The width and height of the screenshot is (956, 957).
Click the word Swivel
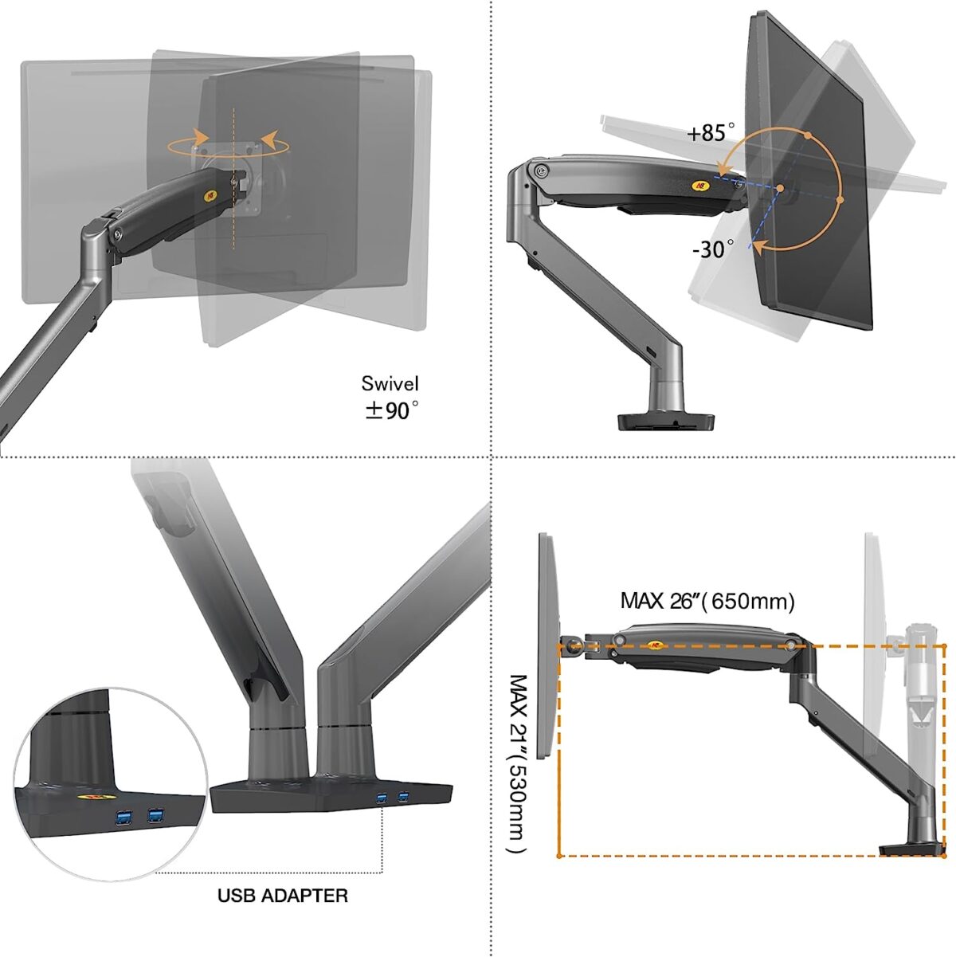pyautogui.click(x=390, y=383)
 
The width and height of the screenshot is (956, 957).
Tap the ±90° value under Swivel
pyautogui.click(x=391, y=411)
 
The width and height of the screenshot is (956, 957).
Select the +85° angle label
pyautogui.click(x=711, y=132)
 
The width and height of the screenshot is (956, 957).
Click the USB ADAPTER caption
pyautogui.click(x=283, y=896)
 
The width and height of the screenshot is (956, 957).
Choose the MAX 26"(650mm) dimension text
pyautogui.click(x=707, y=601)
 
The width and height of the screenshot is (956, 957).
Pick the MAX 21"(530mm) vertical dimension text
pyautogui.click(x=518, y=763)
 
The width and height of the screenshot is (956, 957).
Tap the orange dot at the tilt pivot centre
pyautogui.click(x=781, y=188)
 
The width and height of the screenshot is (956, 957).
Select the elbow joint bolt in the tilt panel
pyautogui.click(x=542, y=171)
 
